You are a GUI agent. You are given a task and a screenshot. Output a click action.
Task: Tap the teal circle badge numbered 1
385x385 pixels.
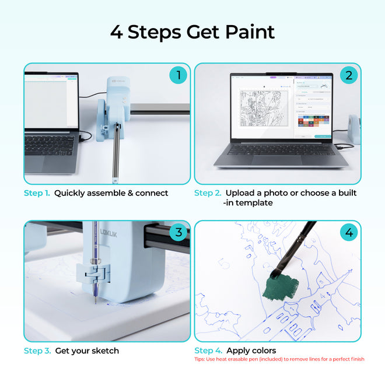click(178, 75)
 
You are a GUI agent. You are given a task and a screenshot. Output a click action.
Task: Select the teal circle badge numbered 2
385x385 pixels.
click(349, 75)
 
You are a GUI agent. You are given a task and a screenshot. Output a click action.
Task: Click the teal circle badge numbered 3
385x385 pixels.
click(178, 232)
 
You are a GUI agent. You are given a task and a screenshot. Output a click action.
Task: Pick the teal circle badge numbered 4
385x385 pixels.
click(349, 233)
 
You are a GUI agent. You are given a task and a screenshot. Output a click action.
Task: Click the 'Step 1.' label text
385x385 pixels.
click(37, 193)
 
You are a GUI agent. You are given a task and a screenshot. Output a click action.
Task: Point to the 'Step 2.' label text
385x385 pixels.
click(208, 193)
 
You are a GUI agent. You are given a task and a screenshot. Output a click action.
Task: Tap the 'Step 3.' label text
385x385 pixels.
click(37, 351)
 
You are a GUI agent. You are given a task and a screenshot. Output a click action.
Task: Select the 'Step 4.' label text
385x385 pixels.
click(208, 351)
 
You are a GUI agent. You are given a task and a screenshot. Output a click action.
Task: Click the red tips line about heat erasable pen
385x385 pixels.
click(279, 359)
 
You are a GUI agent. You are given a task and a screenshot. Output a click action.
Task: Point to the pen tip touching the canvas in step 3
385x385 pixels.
click(95, 302)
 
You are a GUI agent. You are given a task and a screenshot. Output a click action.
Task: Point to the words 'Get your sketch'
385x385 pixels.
click(87, 351)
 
